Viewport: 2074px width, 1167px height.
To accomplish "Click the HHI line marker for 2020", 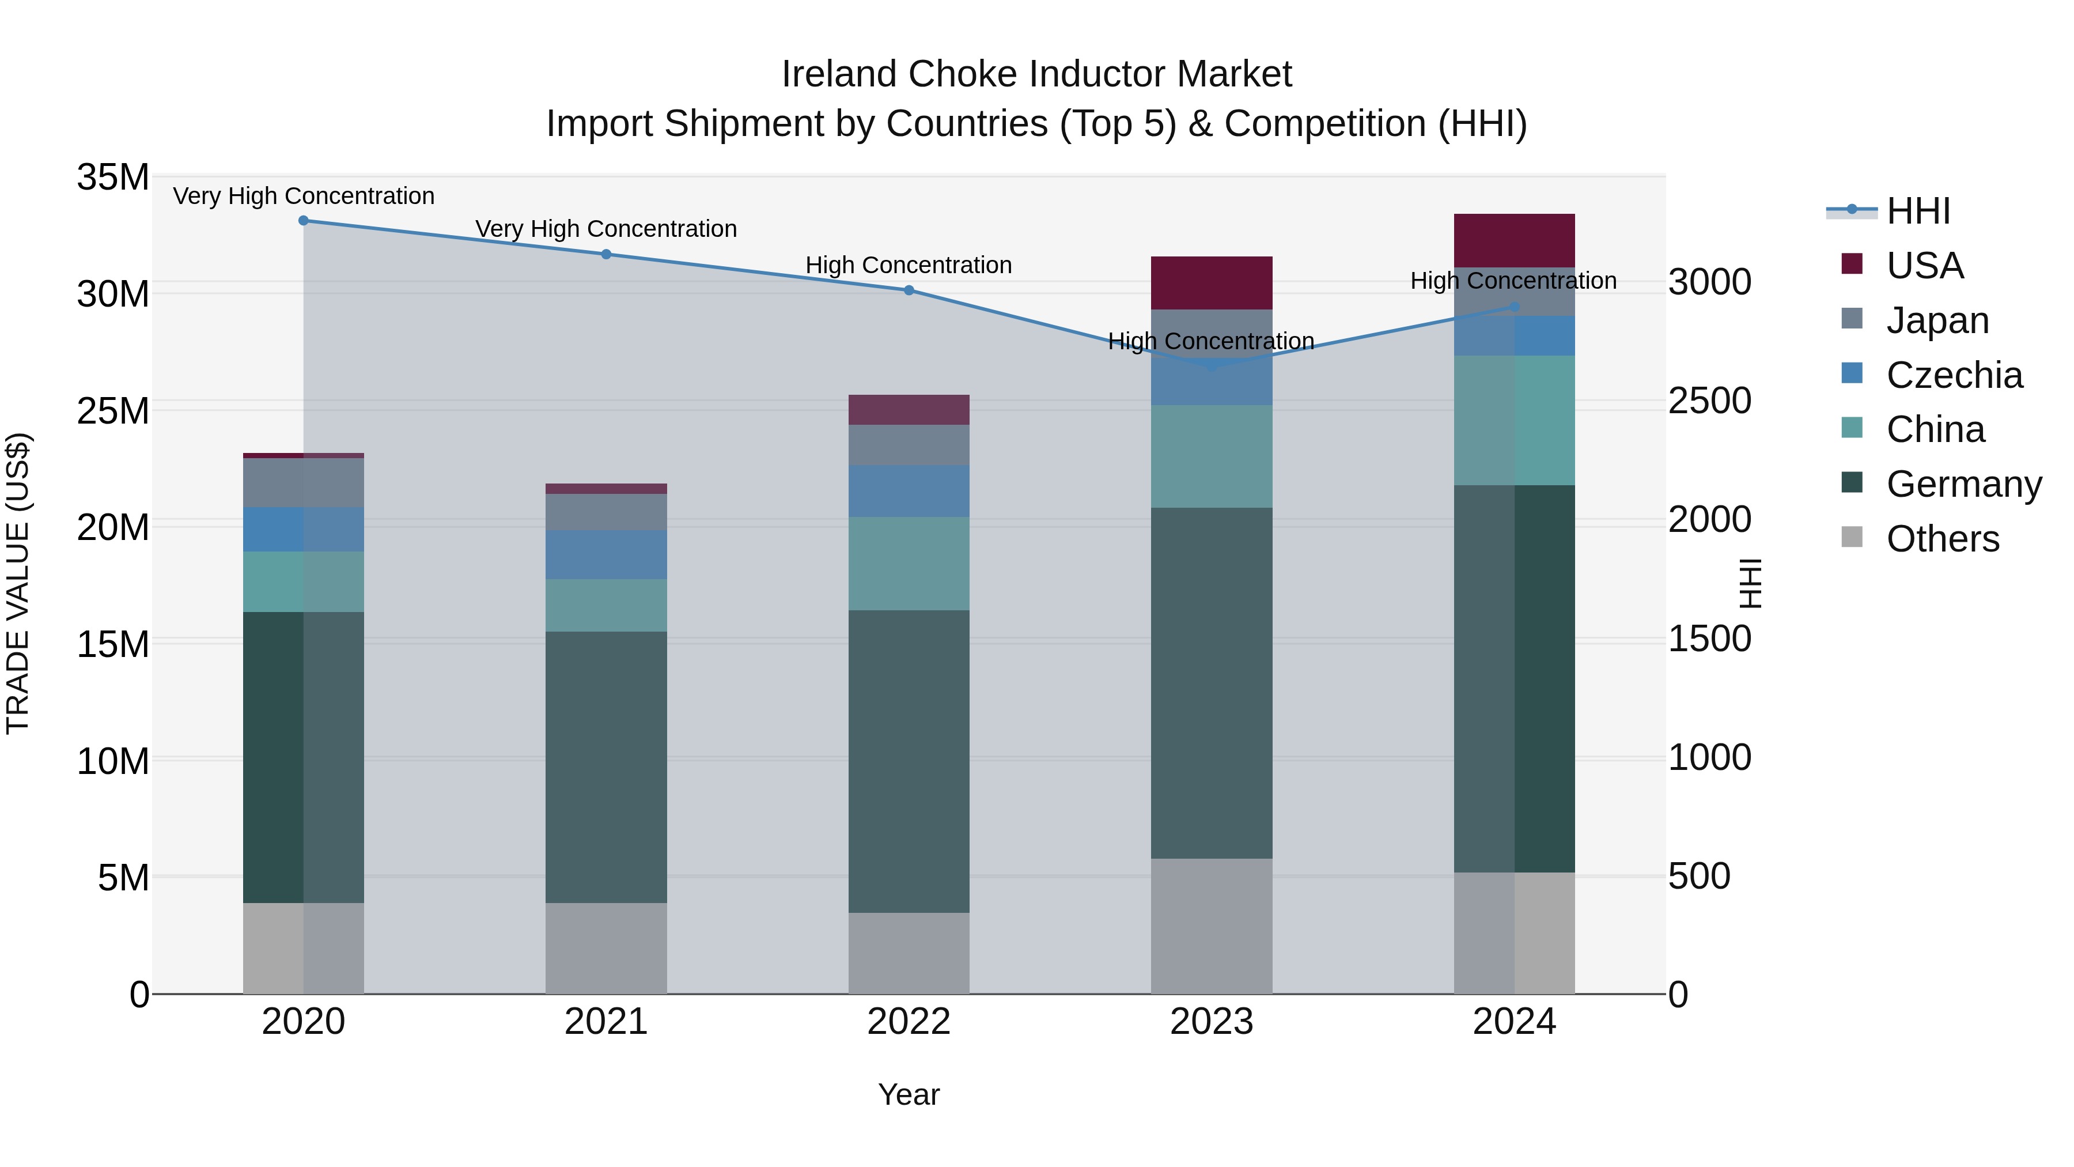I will click(x=304, y=221).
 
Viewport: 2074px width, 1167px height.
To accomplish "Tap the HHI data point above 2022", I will click(x=909, y=290).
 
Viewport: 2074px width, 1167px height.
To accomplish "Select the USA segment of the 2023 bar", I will click(x=1211, y=283).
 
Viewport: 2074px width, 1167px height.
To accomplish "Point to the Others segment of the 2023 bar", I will click(x=1211, y=926).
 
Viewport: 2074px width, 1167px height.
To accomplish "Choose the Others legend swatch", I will click(x=1852, y=537).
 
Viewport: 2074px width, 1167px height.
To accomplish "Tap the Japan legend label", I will click(x=1937, y=320).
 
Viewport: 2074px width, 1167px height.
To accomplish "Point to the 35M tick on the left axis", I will click(x=113, y=177).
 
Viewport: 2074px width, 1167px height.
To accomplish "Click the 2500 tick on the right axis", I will click(x=1709, y=401).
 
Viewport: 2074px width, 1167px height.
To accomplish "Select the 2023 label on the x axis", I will click(x=1211, y=1022).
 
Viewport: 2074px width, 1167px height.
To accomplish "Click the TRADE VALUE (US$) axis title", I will click(x=18, y=583).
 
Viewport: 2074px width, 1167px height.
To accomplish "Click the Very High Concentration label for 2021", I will click(x=605, y=229).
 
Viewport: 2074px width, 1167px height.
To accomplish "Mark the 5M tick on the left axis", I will click(x=123, y=878).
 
